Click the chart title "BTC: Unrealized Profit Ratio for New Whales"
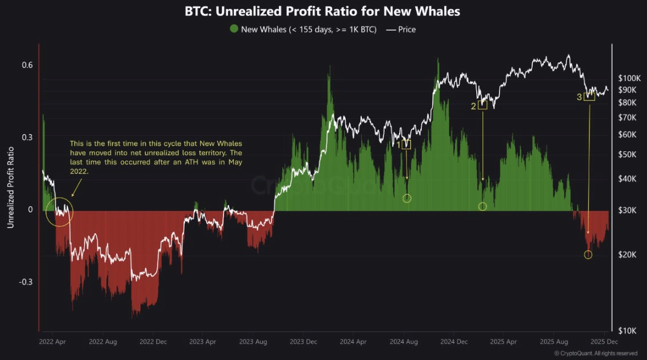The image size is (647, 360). tap(323, 11)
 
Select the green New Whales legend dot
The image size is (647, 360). tap(233, 29)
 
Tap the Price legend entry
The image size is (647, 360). tap(401, 29)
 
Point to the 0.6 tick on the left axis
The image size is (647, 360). tap(27, 65)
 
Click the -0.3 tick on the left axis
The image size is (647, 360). tap(25, 282)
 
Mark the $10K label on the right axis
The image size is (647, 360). tap(629, 331)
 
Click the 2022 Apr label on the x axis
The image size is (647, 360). tap(53, 342)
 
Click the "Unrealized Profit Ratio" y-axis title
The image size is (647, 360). tap(10, 187)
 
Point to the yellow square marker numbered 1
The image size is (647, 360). tap(406, 145)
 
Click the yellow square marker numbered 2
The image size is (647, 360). tap(482, 105)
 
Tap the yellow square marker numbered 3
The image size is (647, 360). tap(589, 97)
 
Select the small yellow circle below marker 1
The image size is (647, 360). tap(407, 198)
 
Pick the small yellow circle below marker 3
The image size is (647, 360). tap(588, 254)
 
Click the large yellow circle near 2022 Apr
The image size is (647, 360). tap(60, 211)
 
